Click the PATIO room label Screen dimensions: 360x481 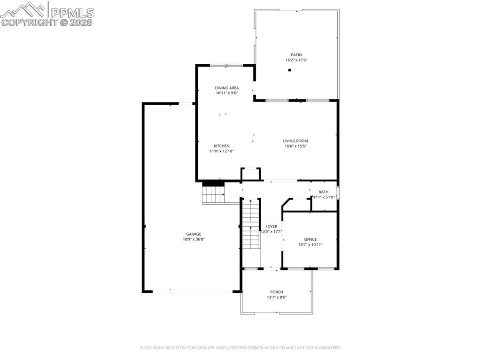click(x=296, y=55)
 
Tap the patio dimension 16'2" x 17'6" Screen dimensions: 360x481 click(x=296, y=60)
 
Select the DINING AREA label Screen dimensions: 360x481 click(x=227, y=88)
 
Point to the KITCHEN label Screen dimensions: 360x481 click(x=221, y=146)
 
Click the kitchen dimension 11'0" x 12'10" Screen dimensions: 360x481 click(x=221, y=151)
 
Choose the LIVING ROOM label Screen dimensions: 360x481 click(x=295, y=141)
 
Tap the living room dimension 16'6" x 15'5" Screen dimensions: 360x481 click(x=295, y=146)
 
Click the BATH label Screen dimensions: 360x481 click(x=324, y=192)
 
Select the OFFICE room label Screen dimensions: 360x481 click(x=310, y=239)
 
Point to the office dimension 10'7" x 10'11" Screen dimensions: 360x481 click(x=310, y=245)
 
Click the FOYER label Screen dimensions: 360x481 click(x=271, y=226)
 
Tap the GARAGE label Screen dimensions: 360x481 click(x=194, y=234)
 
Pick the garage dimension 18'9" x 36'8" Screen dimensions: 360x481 click(x=194, y=239)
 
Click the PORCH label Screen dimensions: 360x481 click(x=277, y=292)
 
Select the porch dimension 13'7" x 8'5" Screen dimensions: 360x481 click(x=277, y=297)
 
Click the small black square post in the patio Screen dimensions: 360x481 click(x=290, y=70)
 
